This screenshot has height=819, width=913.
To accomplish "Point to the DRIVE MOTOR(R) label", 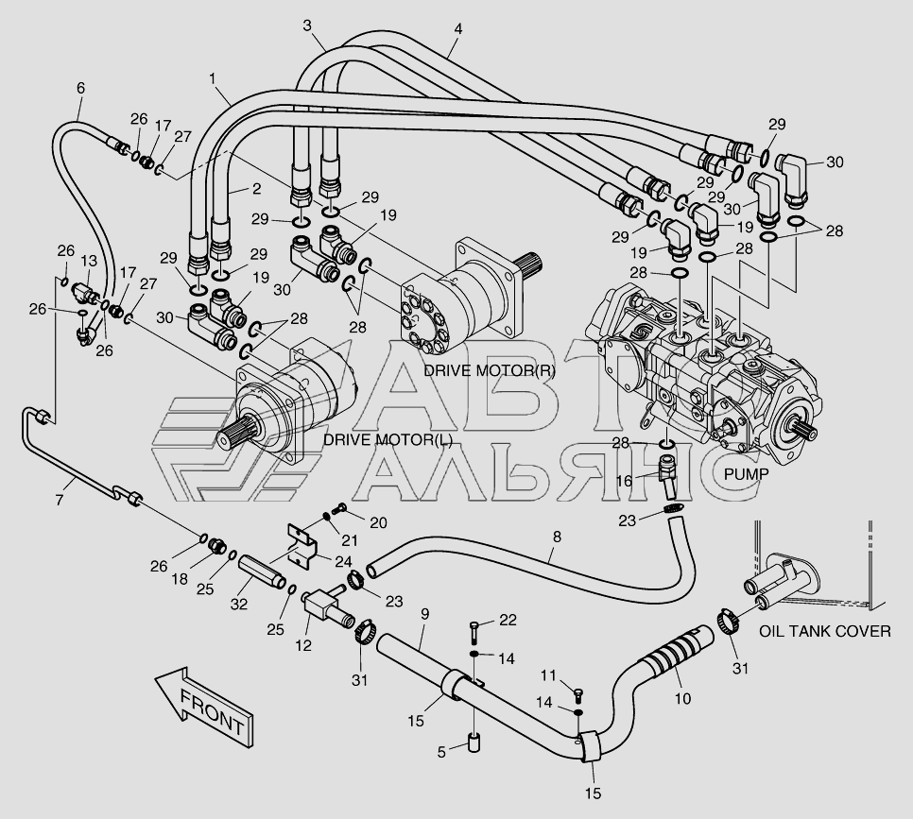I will (x=489, y=370).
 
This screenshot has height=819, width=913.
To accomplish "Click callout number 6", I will (x=80, y=88).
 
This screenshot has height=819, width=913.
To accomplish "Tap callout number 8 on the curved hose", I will (x=557, y=537).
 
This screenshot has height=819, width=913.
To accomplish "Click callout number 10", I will (x=682, y=700).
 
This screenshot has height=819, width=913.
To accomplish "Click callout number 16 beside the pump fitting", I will (x=625, y=481).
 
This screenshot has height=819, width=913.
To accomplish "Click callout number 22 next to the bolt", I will (x=508, y=620).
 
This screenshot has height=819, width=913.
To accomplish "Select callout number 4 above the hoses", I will (x=457, y=29).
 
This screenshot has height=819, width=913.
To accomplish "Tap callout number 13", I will (x=89, y=260).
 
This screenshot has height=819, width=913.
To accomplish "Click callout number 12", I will (x=302, y=646).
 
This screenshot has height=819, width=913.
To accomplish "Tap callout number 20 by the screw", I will (x=378, y=522).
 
